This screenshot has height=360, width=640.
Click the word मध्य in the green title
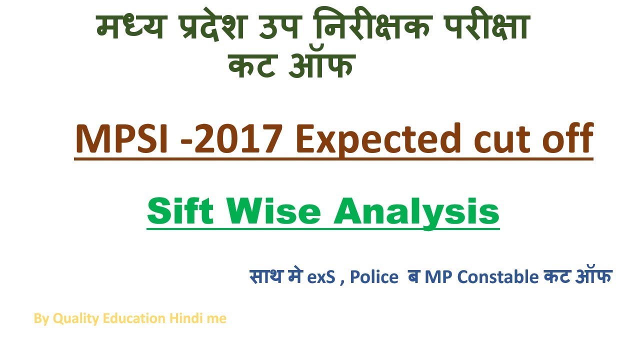(129, 29)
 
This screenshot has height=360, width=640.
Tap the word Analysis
(416, 212)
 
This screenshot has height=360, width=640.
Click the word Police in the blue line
(373, 276)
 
